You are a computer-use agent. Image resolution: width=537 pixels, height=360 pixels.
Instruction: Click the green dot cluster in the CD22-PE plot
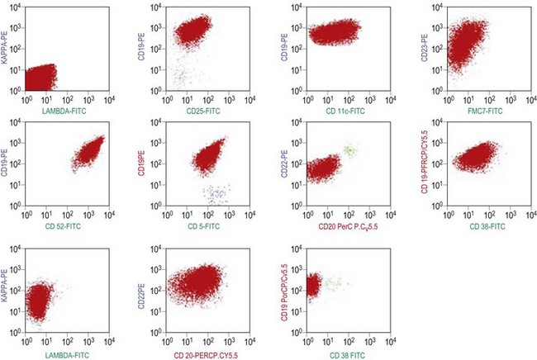click(349, 150)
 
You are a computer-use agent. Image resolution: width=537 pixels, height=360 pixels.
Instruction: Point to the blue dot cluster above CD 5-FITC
click(217, 194)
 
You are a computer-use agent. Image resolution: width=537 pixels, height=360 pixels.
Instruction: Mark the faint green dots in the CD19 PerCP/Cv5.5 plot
click(334, 284)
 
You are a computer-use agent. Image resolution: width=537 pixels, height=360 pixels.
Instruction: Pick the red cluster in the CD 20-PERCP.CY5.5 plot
click(202, 284)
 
